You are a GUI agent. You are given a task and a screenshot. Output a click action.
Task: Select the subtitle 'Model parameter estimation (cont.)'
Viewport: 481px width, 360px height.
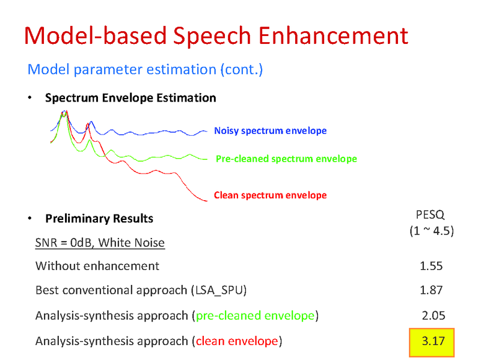[145, 70]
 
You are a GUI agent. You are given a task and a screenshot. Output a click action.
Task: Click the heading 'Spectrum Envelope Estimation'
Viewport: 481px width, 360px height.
[130, 98]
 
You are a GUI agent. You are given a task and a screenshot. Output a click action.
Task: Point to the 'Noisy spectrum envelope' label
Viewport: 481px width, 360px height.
[271, 131]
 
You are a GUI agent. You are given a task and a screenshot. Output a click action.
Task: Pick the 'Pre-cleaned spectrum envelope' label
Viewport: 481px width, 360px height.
[286, 159]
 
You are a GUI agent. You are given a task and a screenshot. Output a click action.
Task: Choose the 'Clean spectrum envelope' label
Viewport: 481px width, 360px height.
[271, 195]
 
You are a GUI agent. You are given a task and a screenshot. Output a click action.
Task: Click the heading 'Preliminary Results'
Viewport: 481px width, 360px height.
[99, 218]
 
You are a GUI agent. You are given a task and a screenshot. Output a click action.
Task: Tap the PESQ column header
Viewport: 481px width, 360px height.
[430, 215]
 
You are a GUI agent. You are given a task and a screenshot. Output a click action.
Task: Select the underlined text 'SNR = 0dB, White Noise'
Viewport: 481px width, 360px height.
[100, 243]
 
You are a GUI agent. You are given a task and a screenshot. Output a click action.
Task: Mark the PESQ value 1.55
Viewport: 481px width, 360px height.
[431, 266]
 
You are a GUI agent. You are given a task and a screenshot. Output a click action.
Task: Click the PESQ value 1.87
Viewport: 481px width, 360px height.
[431, 290]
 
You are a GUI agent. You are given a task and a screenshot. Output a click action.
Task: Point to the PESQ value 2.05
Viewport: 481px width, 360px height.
[432, 316]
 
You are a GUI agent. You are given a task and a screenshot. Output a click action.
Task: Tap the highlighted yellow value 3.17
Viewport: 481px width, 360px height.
[432, 341]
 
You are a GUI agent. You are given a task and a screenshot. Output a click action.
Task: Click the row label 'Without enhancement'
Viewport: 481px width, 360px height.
[97, 266]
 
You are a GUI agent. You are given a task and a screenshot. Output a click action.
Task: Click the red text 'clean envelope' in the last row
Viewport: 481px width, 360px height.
[236, 341]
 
